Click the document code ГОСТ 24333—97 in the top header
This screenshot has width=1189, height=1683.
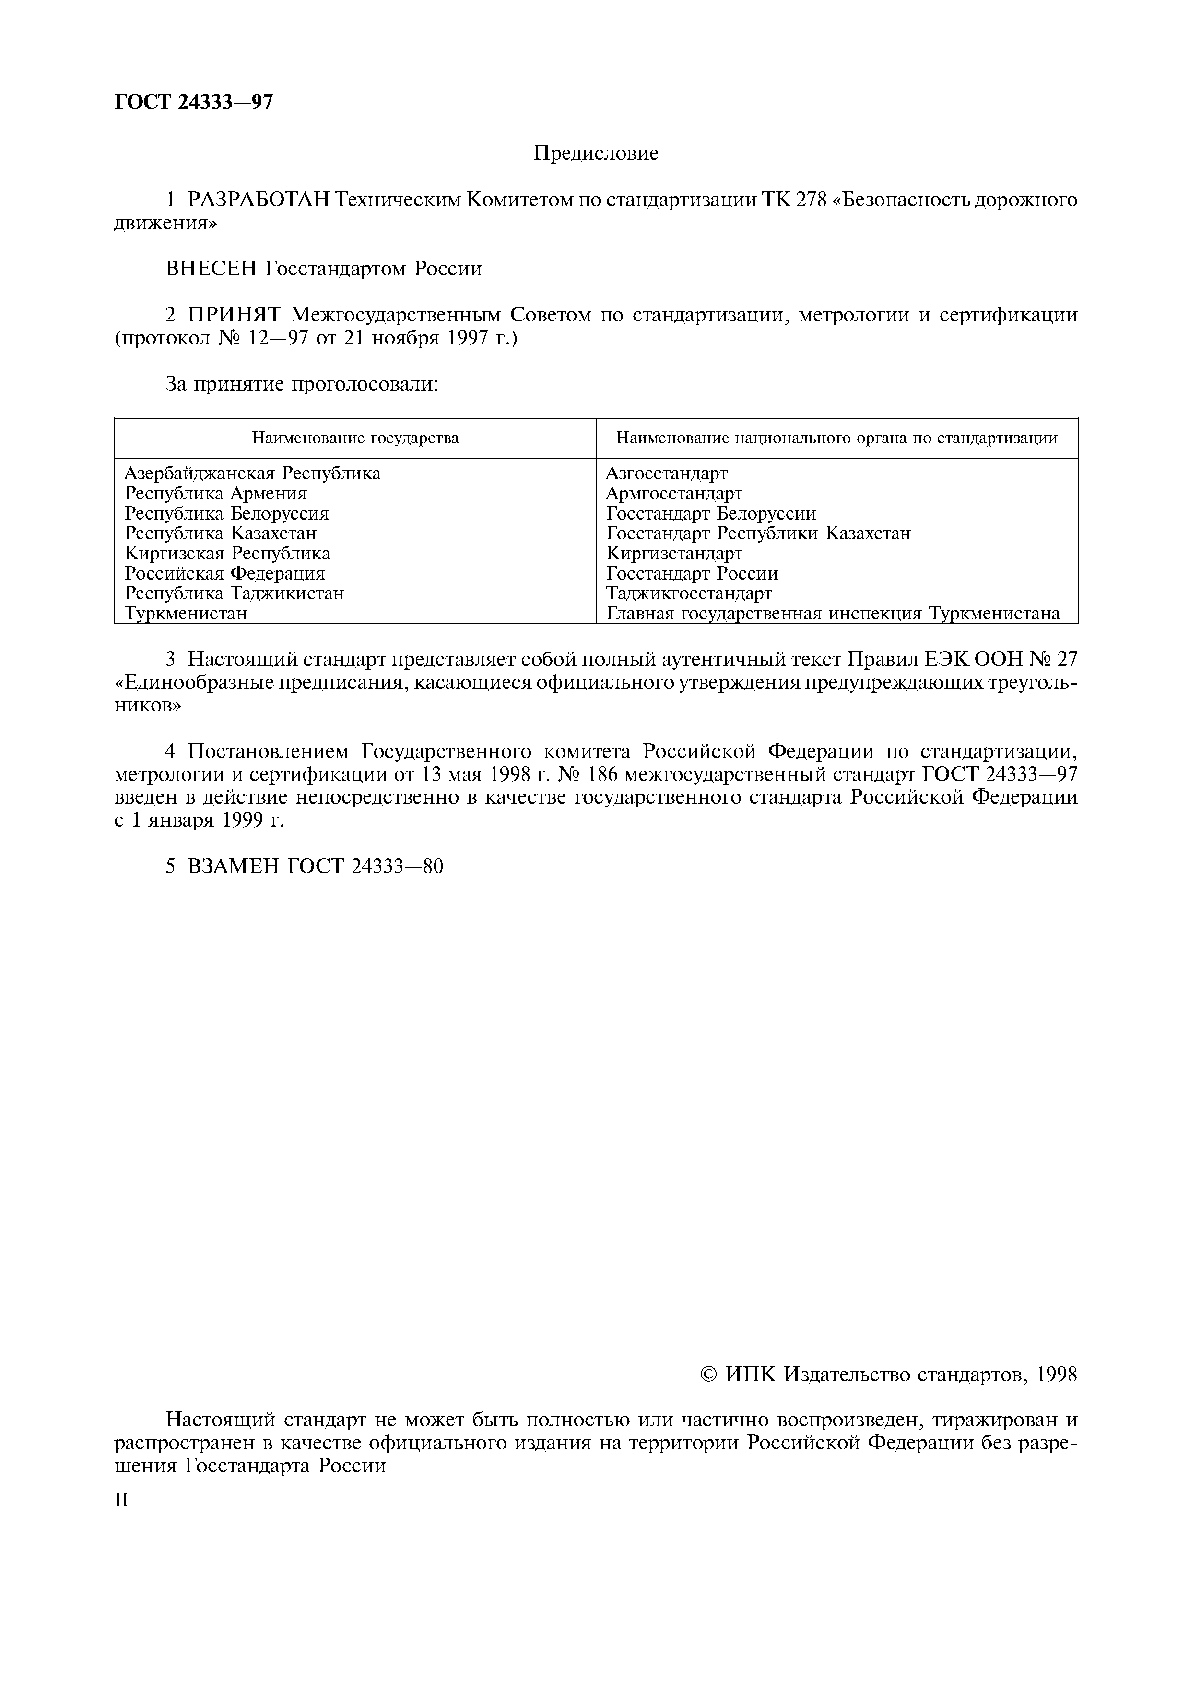point(193,102)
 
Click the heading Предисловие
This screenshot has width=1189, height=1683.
point(596,153)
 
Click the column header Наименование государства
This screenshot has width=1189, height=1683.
point(355,439)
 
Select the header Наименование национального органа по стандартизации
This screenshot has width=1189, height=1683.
point(836,439)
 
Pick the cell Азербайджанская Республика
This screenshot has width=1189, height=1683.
point(253,474)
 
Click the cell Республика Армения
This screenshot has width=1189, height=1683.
point(215,493)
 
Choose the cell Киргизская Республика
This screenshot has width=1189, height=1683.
point(227,554)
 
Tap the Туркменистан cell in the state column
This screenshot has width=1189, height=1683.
point(186,614)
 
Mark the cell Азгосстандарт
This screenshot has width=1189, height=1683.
point(667,474)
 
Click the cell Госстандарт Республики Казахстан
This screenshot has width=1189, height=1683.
point(758,533)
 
